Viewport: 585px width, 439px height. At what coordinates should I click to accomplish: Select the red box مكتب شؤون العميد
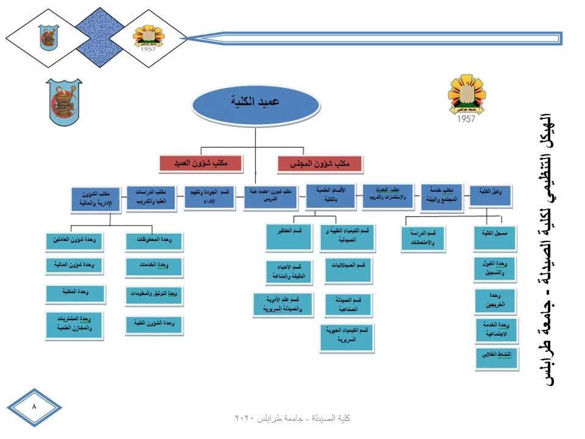click(200, 163)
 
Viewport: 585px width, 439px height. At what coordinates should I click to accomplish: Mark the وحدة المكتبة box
click(74, 294)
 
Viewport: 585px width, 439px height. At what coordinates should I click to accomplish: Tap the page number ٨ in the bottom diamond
click(34, 405)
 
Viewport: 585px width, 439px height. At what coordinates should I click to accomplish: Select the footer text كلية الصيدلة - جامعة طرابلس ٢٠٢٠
click(293, 418)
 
